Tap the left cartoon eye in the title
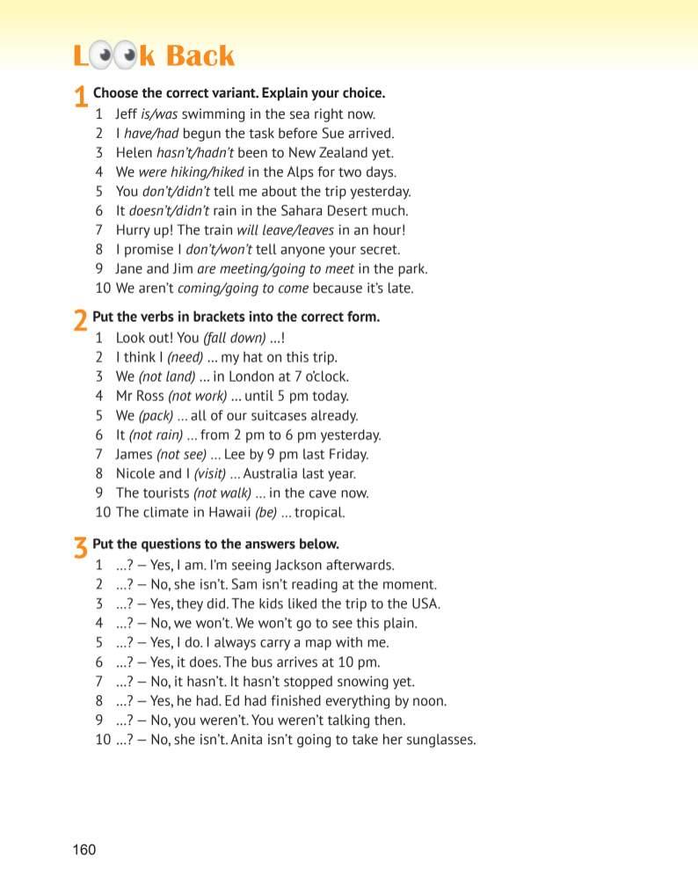point(105,57)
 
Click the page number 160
point(84,849)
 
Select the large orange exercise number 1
point(80,97)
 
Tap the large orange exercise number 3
point(80,548)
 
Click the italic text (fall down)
point(234,338)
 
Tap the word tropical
point(320,512)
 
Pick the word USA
point(425,603)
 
